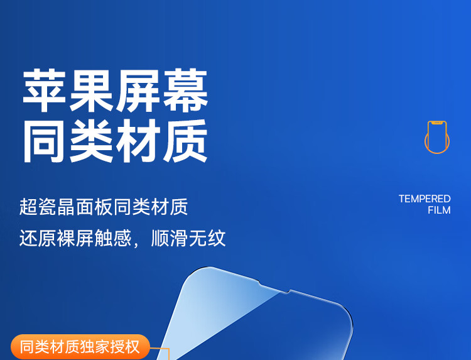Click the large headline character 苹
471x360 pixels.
44,90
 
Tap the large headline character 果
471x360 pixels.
91,90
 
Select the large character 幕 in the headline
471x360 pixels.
186,90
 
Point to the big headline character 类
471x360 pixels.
91,141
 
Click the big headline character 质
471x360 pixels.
186,141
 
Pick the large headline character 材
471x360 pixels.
139,141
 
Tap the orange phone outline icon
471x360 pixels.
437,137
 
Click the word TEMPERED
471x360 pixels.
425,199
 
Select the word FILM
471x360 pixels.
439,210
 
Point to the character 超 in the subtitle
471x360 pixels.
28,207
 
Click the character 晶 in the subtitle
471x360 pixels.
66,207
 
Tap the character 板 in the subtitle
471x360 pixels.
104,207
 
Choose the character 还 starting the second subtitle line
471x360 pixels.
28,238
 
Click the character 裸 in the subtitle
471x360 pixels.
66,238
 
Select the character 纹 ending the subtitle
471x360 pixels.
216,238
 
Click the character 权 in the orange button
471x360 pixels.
133,347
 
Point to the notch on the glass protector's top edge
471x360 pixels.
274,288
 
